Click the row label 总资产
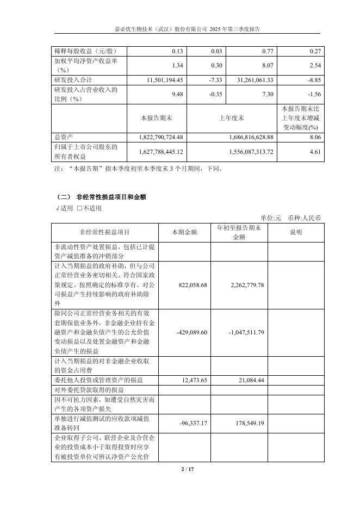click(x=63, y=136)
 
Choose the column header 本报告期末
click(x=156, y=117)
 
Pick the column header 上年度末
click(x=232, y=117)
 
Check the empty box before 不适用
click(x=79, y=208)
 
